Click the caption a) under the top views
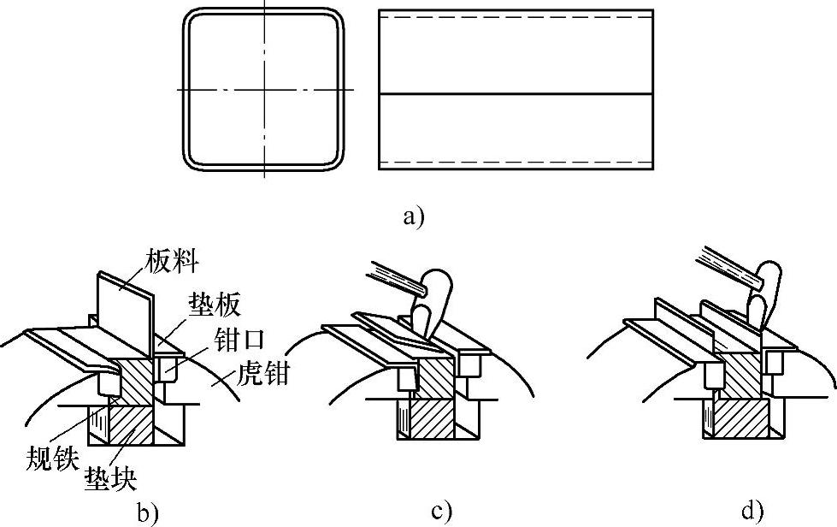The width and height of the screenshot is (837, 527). pyautogui.click(x=414, y=216)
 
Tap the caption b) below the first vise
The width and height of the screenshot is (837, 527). pyautogui.click(x=148, y=514)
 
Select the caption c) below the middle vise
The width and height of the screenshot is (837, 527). pyautogui.click(x=441, y=512)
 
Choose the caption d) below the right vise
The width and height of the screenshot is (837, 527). pyautogui.click(x=752, y=512)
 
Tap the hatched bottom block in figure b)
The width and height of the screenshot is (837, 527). pyautogui.click(x=128, y=423)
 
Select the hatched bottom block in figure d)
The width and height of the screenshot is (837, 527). pyautogui.click(x=739, y=419)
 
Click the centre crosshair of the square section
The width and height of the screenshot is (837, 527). pyautogui.click(x=265, y=89)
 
